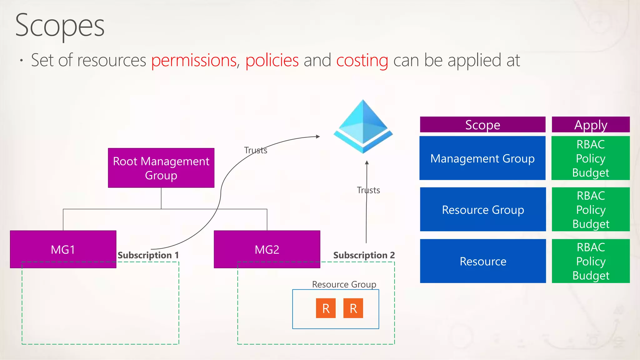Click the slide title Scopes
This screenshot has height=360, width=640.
(60, 26)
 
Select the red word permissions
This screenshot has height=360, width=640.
(194, 60)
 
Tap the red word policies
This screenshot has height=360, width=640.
(272, 60)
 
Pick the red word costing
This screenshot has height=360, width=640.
(362, 60)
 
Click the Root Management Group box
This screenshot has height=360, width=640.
(161, 168)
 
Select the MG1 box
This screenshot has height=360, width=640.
(63, 249)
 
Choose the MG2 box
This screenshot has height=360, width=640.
(267, 249)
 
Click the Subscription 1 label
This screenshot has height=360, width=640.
(148, 255)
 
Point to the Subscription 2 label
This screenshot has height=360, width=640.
(364, 255)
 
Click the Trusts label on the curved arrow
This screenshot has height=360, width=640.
(256, 150)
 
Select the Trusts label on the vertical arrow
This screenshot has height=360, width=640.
(368, 190)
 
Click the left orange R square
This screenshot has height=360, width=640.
(326, 308)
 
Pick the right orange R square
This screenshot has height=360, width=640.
(353, 308)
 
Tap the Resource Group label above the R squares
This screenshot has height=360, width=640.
(344, 284)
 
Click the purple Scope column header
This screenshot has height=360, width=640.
(482, 125)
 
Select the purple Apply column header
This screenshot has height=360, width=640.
(591, 125)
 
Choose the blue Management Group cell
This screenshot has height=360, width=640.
(482, 158)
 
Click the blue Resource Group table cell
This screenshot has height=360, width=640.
(483, 209)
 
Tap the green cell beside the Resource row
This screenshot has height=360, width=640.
(591, 261)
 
